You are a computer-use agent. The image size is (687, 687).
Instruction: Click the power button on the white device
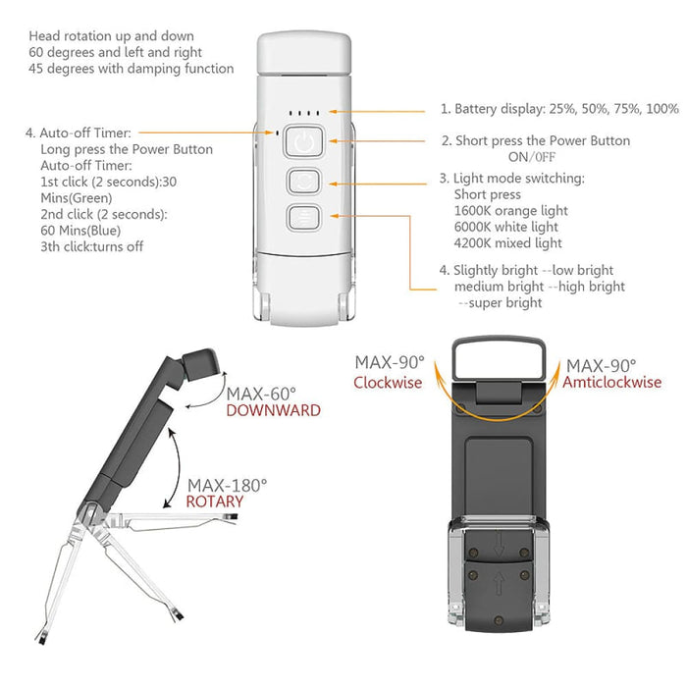(x=304, y=143)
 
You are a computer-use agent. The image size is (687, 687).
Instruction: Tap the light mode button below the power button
(x=304, y=182)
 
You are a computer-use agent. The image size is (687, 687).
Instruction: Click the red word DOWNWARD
(x=273, y=411)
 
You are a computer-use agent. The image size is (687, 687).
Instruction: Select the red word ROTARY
(x=215, y=502)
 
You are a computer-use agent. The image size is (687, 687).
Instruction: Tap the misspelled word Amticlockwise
(x=611, y=382)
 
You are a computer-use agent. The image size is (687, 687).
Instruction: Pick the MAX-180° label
(x=227, y=484)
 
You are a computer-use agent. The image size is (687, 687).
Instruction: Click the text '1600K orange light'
(x=511, y=211)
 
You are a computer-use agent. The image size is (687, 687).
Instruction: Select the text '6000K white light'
(x=507, y=227)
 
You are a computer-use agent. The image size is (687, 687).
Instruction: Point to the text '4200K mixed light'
(x=508, y=242)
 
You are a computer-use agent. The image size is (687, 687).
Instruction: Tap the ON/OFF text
(x=531, y=157)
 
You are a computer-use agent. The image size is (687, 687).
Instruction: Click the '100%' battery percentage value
(x=662, y=109)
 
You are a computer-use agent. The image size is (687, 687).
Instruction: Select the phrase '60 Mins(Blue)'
(x=82, y=230)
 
